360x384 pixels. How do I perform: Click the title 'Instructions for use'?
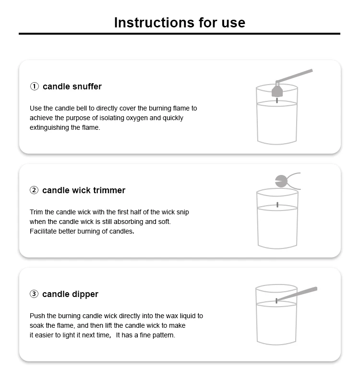pos(180,23)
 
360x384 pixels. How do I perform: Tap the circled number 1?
pos(35,87)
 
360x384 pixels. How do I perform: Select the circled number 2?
pos(34,190)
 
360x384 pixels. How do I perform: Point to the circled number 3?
pos(34,294)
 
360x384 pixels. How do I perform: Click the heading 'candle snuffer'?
pos(72,87)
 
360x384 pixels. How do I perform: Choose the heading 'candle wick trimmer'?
pos(84,190)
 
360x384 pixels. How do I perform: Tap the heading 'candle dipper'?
pos(70,294)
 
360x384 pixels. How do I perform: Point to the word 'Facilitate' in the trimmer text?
pos(43,231)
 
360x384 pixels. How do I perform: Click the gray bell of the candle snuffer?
pos(277,91)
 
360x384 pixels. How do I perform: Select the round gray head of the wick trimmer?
pos(281,181)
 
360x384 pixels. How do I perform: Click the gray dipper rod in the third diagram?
pos(297,294)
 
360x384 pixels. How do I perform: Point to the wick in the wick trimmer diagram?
pos(277,205)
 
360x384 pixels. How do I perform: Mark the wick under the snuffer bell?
pos(277,100)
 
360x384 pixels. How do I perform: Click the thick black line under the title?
pos(180,34)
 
